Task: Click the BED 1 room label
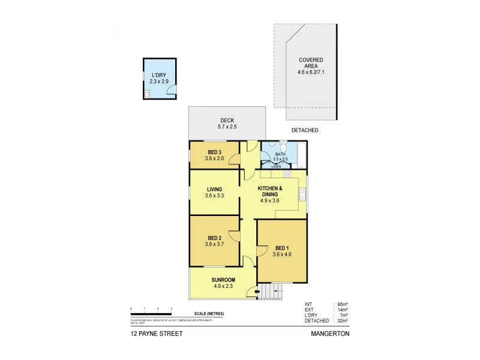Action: [281, 248]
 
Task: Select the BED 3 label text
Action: [214, 151]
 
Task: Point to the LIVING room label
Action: [214, 189]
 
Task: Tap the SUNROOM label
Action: [223, 280]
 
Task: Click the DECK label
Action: [226, 119]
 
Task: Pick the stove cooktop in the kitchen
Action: [287, 174]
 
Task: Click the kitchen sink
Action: [302, 194]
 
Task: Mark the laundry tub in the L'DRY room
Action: [147, 94]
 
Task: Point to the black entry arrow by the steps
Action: [259, 292]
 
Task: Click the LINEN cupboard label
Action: [276, 166]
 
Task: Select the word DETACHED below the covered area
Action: [305, 130]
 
